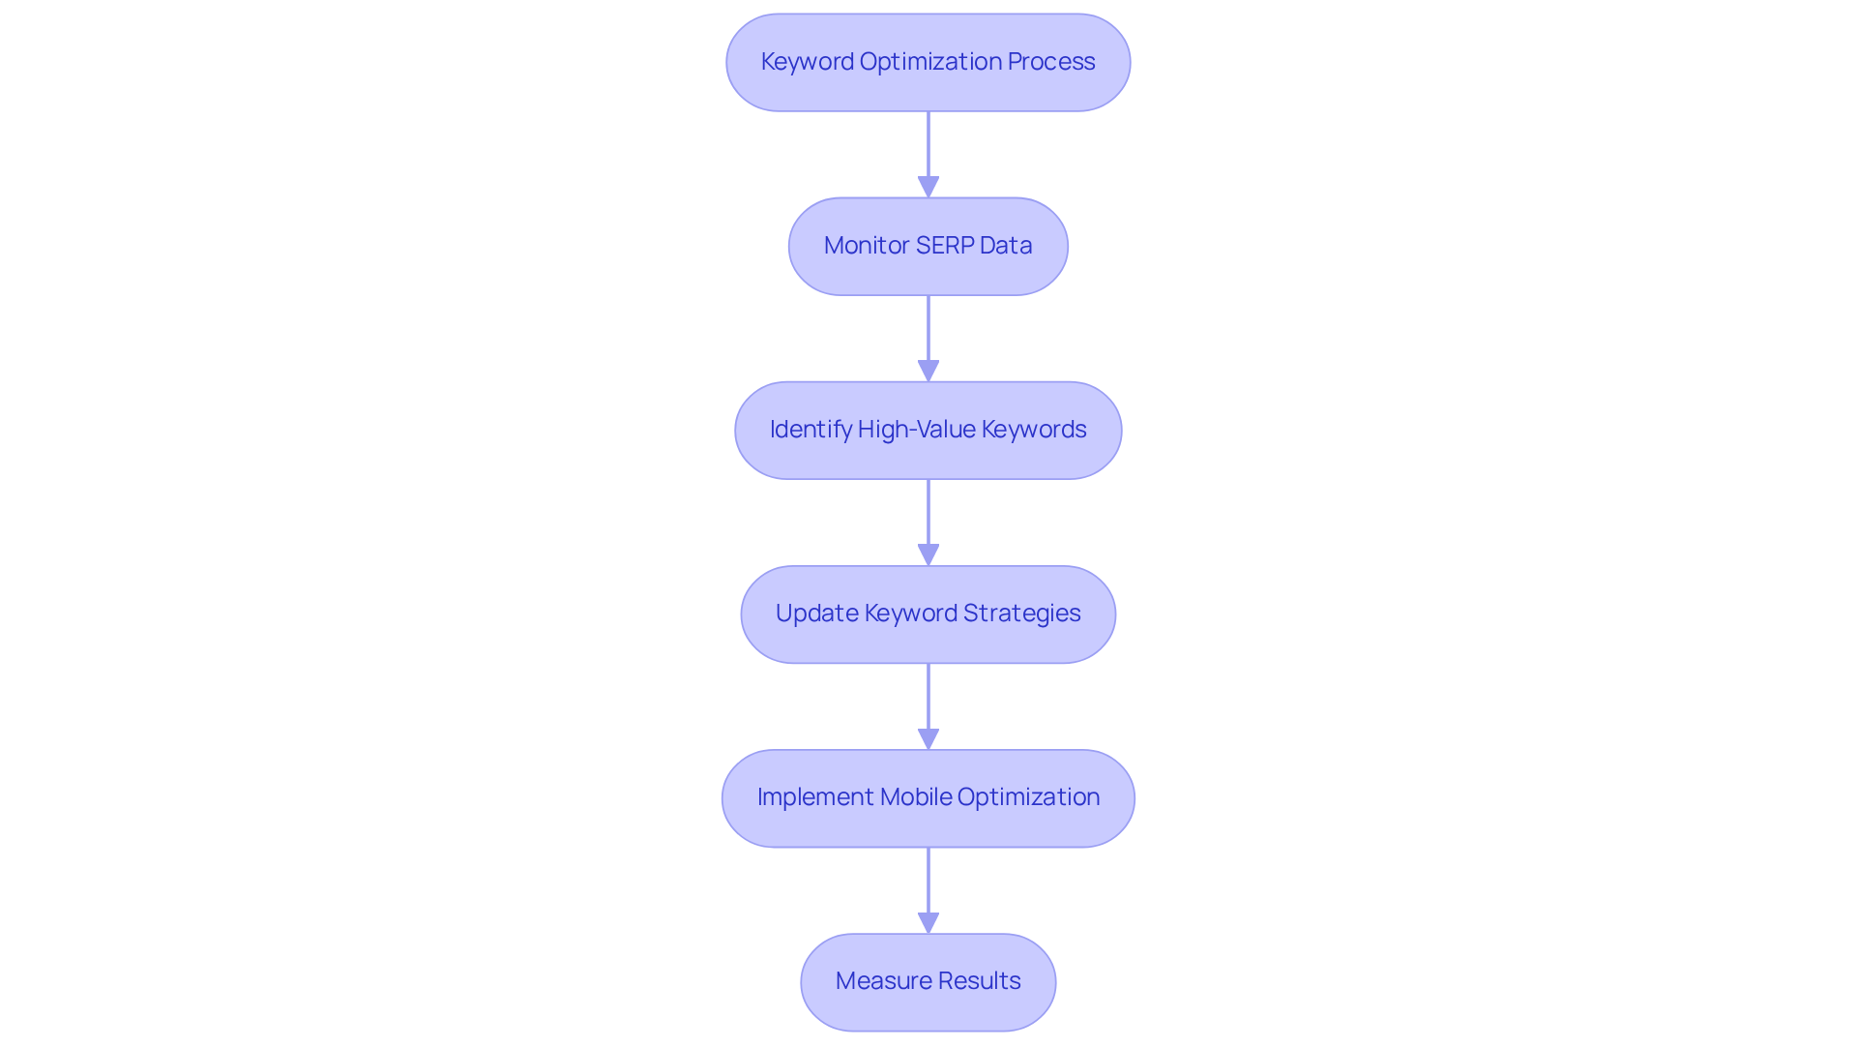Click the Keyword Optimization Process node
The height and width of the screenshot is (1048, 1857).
point(928,62)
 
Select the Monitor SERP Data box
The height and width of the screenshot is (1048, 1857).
point(928,246)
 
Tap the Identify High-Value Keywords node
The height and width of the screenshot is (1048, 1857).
point(928,430)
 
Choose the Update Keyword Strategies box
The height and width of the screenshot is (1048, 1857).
point(928,614)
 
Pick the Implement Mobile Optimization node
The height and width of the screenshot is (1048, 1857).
point(928,797)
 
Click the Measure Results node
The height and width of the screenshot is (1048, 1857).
point(928,981)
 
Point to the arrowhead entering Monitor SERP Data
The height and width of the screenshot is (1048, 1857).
point(928,187)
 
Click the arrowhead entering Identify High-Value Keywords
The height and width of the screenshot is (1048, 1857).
point(928,371)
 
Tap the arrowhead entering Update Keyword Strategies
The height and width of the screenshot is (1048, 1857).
point(928,554)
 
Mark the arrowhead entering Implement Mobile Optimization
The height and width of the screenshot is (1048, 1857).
point(928,738)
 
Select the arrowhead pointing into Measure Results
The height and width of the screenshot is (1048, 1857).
point(928,922)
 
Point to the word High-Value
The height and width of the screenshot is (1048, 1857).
point(917,430)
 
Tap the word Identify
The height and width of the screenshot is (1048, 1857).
point(811,430)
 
